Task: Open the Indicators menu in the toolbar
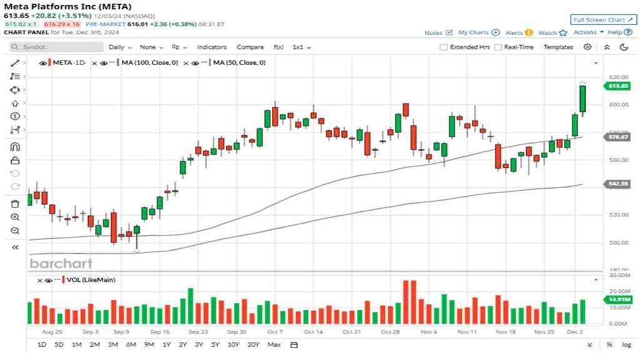point(212,47)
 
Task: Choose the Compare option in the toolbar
point(250,47)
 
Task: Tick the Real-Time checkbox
point(498,47)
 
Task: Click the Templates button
point(558,47)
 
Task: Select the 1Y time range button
point(167,345)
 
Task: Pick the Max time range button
point(274,345)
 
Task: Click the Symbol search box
point(56,47)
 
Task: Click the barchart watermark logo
point(61,263)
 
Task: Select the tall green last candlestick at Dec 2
point(582,99)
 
